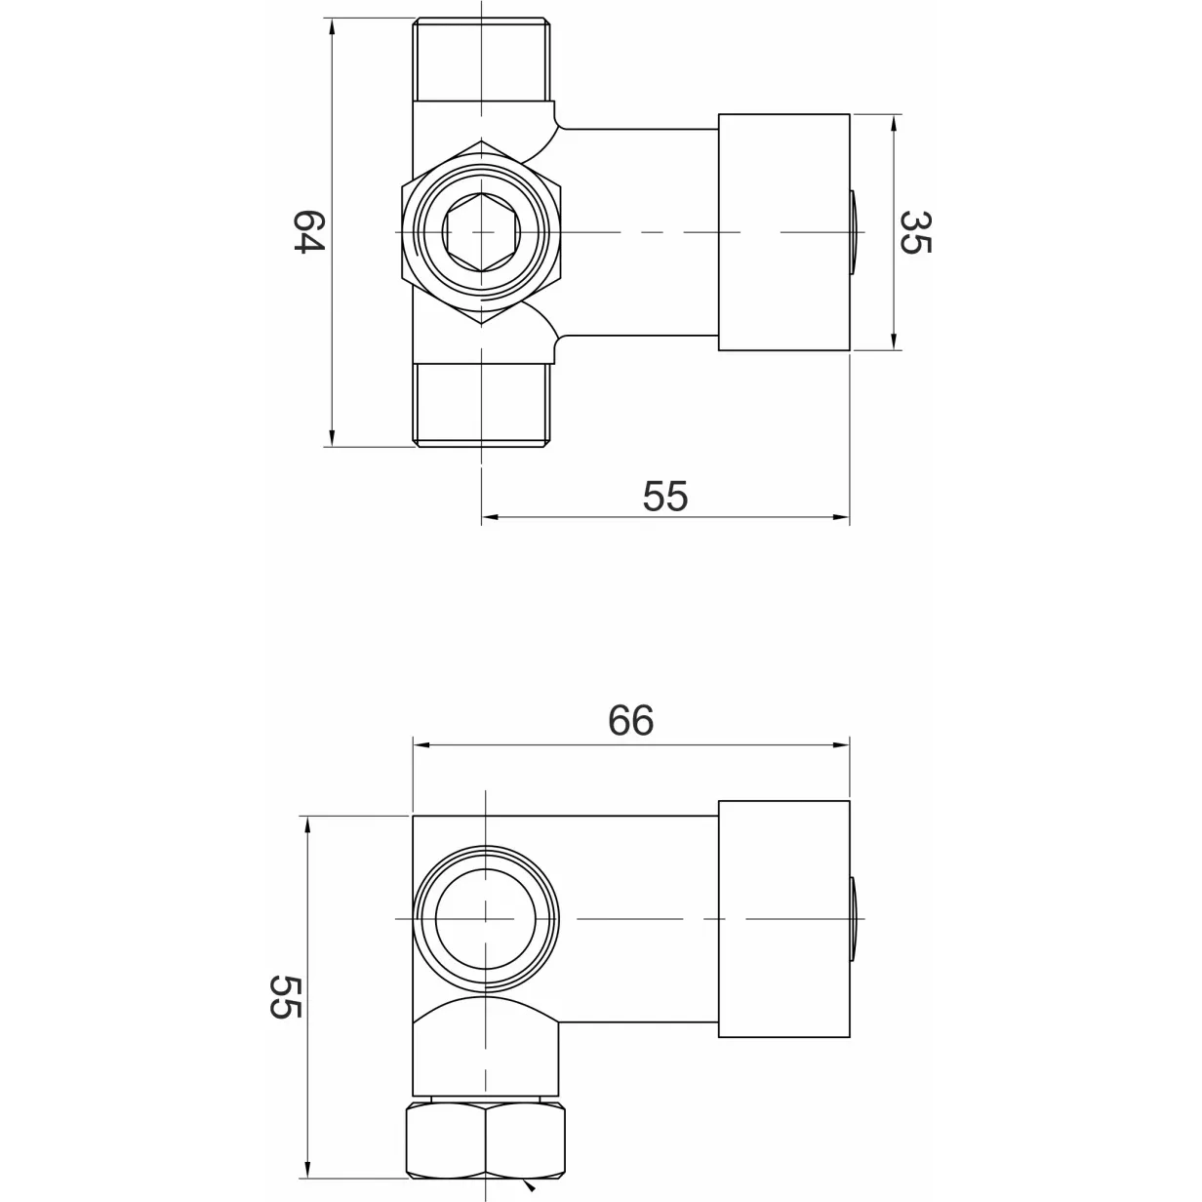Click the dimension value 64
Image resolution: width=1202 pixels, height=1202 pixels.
(309, 231)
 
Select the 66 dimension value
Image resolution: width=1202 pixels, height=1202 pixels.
(630, 720)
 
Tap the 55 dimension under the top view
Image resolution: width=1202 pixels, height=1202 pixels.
(665, 497)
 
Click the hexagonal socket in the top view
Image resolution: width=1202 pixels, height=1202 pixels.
(481, 232)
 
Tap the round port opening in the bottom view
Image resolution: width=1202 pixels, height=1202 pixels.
(485, 919)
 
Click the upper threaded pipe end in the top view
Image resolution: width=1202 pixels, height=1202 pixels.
(482, 60)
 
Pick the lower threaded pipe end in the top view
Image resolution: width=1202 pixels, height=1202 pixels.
(482, 406)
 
